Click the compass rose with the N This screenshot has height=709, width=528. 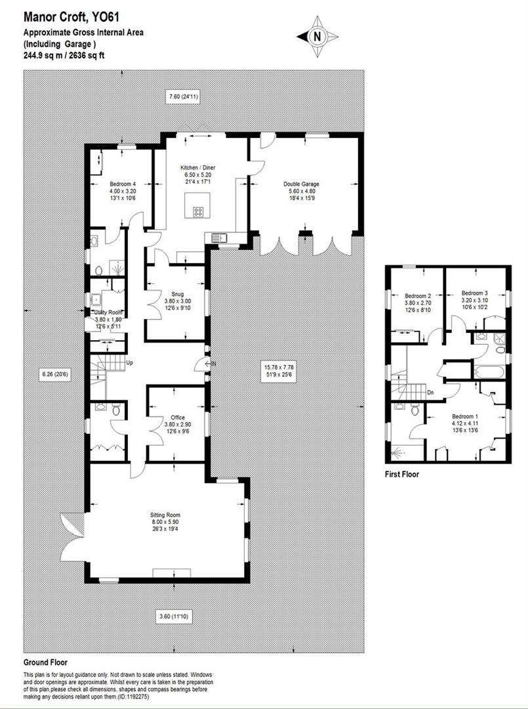coord(318,37)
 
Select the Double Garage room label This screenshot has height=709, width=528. coord(301,184)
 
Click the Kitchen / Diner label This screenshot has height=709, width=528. coord(198,168)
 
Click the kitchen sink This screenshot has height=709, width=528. coord(217,238)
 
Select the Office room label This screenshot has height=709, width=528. coord(178,418)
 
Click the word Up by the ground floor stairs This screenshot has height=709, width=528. coord(129,362)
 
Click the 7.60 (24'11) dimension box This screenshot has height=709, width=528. coord(184,97)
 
